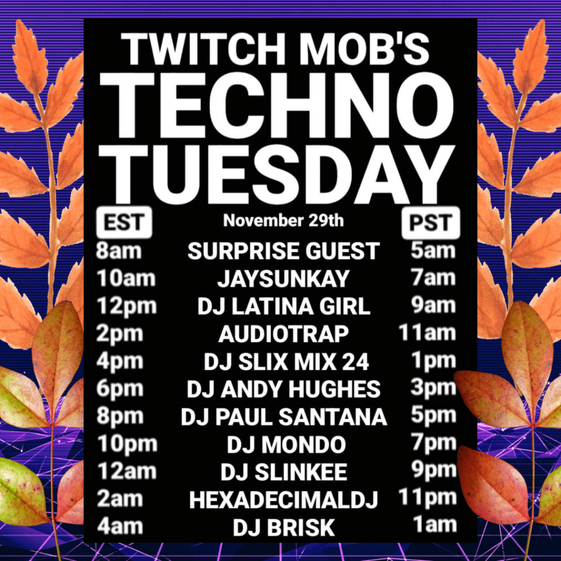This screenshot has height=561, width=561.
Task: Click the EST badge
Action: point(124,222)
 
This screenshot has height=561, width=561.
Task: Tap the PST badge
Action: point(431,222)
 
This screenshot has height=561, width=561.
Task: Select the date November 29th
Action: point(283,220)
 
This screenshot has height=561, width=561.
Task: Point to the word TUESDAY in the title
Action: point(277,174)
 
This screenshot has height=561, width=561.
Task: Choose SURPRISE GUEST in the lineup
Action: point(283,251)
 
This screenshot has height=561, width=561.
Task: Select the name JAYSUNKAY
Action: point(283,279)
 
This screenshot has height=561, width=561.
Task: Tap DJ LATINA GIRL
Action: point(284,307)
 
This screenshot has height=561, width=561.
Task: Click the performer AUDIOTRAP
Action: point(283,334)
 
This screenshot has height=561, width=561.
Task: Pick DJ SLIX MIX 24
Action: point(286,362)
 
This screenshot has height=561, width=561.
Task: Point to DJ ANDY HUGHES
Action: point(283,390)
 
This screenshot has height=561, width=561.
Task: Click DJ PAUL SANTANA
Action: point(284,417)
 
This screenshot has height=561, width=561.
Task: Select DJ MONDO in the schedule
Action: point(286,445)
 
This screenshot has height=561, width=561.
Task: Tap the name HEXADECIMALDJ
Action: point(283,500)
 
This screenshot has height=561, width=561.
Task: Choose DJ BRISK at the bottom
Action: point(284,528)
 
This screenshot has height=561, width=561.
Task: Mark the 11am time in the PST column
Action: point(427,333)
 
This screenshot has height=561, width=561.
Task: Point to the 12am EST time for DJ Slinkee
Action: point(127,471)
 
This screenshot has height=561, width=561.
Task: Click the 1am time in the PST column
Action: point(434,525)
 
